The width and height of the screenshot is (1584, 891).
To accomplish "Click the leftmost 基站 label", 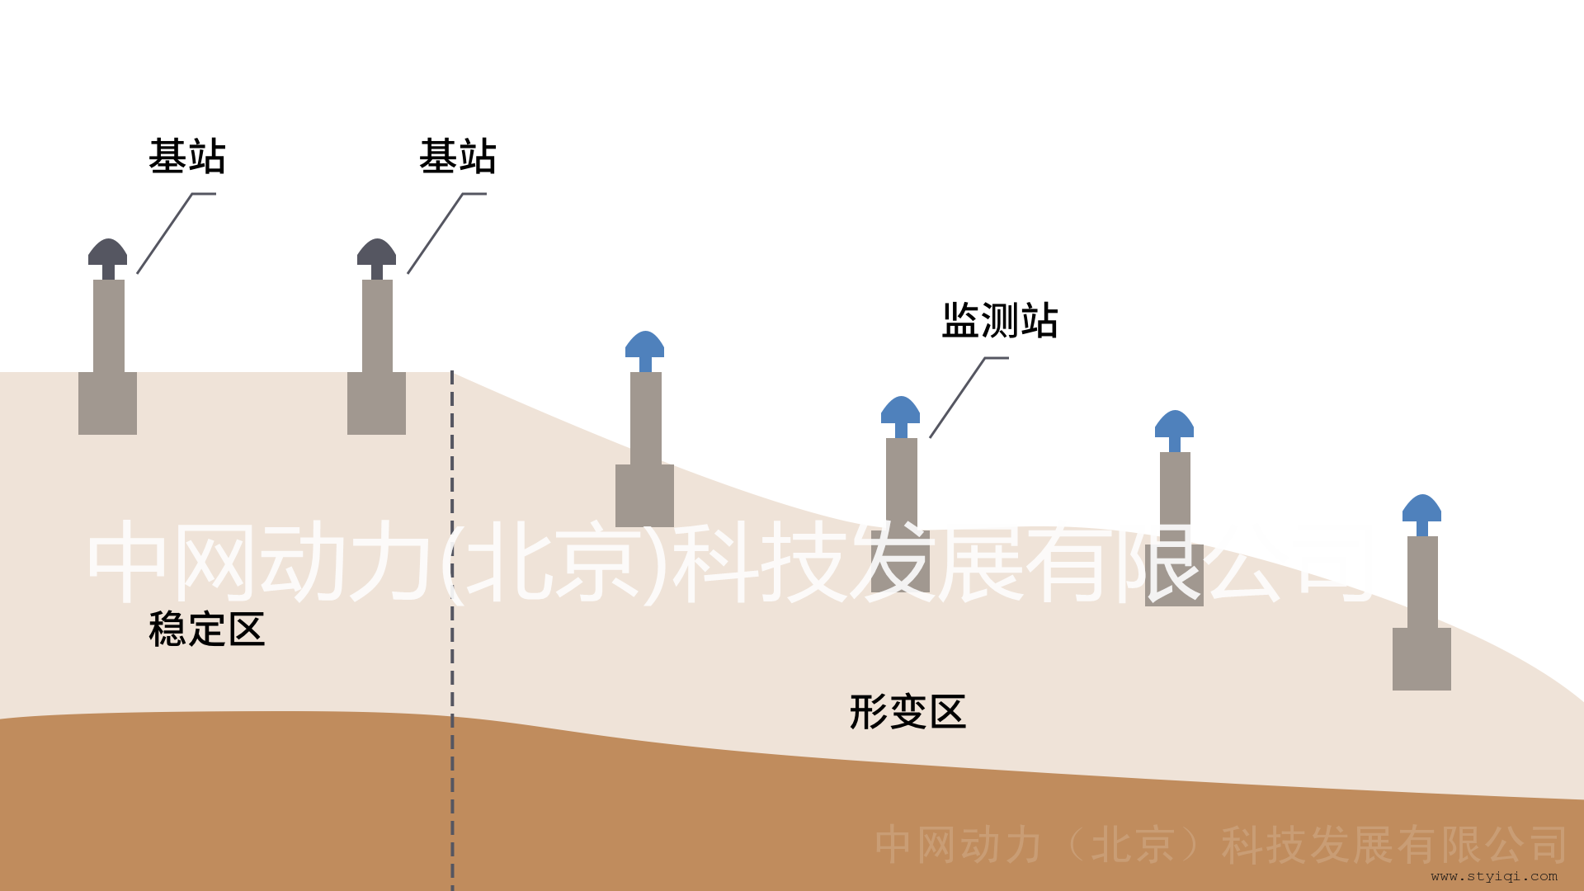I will pyautogui.click(x=187, y=157).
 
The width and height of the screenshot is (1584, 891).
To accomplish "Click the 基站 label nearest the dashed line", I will pyautogui.click(x=458, y=157).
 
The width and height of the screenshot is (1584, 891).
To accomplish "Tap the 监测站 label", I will pyautogui.click(x=1000, y=321).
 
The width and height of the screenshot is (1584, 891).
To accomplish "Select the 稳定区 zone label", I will pyautogui.click(x=206, y=630).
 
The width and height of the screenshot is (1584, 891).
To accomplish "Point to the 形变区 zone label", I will pyautogui.click(x=907, y=712).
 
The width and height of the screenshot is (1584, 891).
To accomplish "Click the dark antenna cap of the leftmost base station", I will pyautogui.click(x=108, y=252).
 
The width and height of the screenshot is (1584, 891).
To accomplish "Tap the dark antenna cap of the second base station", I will pyautogui.click(x=377, y=252).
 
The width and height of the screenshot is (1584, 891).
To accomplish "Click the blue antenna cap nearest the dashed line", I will pyautogui.click(x=645, y=345).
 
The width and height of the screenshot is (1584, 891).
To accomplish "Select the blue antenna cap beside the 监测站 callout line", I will pyautogui.click(x=901, y=410).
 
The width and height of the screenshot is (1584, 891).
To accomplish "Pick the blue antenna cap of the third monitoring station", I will pyautogui.click(x=1175, y=424).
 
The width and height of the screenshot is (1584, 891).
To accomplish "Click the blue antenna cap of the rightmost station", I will pyautogui.click(x=1422, y=508).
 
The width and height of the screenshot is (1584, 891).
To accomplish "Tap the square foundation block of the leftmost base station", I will pyautogui.click(x=108, y=403).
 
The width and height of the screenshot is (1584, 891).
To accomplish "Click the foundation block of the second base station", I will pyautogui.click(x=377, y=403).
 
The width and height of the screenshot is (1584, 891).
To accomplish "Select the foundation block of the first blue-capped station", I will pyautogui.click(x=645, y=496).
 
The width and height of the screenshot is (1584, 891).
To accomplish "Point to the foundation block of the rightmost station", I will pyautogui.click(x=1422, y=659).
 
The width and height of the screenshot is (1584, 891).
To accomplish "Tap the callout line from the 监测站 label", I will pyautogui.click(x=957, y=398).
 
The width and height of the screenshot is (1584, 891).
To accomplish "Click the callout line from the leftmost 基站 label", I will pyautogui.click(x=165, y=233).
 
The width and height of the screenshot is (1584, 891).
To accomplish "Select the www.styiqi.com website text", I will pyautogui.click(x=1494, y=876).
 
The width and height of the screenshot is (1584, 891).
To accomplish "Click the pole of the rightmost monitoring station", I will pyautogui.click(x=1422, y=582).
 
